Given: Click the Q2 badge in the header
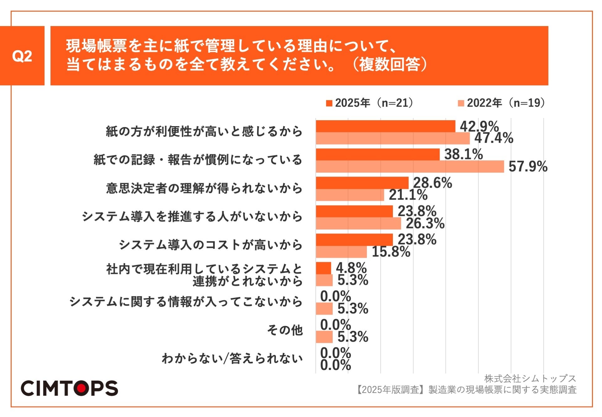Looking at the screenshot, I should [x=22, y=56].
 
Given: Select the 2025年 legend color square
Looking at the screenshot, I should [x=329, y=103].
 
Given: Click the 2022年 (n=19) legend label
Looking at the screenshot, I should [x=505, y=103].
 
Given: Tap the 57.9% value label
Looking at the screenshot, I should [x=528, y=167].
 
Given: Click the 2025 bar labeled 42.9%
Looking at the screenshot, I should [x=385, y=126].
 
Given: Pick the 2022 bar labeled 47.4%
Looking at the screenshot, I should [x=393, y=138].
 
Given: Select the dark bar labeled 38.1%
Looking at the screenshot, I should [x=378, y=154].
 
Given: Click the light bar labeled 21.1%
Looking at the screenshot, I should [x=350, y=195].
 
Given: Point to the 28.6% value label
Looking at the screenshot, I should [x=432, y=183].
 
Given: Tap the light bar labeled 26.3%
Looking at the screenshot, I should [x=358, y=223].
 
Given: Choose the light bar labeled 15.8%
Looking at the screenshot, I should [x=341, y=252].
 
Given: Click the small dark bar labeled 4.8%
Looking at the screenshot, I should [x=323, y=268].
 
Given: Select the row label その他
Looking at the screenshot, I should [x=285, y=330].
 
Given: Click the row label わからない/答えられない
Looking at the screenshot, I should [x=232, y=358].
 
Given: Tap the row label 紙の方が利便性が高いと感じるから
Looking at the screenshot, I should [x=204, y=131].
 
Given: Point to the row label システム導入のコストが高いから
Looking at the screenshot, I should [x=210, y=245].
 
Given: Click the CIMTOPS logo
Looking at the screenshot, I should [x=69, y=388].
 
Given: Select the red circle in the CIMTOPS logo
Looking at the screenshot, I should [x=81, y=388].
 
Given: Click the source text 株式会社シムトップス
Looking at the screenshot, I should [x=530, y=379].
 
